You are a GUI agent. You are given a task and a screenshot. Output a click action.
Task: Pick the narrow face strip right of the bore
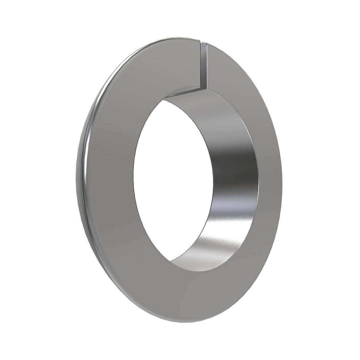[265, 180]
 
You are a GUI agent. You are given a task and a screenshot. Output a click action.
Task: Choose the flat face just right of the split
[222, 69]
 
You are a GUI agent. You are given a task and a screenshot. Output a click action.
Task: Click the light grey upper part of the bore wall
[210, 114]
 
